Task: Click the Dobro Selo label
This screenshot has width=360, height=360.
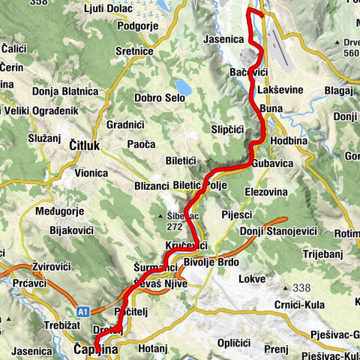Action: tap(160, 97)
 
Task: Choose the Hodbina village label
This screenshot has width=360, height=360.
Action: tap(289, 140)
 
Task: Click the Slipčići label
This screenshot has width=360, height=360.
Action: tap(228, 129)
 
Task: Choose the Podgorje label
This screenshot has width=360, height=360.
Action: tap(141, 25)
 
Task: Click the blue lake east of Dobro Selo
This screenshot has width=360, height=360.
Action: tap(183, 85)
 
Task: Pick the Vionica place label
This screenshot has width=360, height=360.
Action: tap(91, 172)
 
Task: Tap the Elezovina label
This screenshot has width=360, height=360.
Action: tap(265, 191)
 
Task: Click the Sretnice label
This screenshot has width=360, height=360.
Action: tap(134, 51)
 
